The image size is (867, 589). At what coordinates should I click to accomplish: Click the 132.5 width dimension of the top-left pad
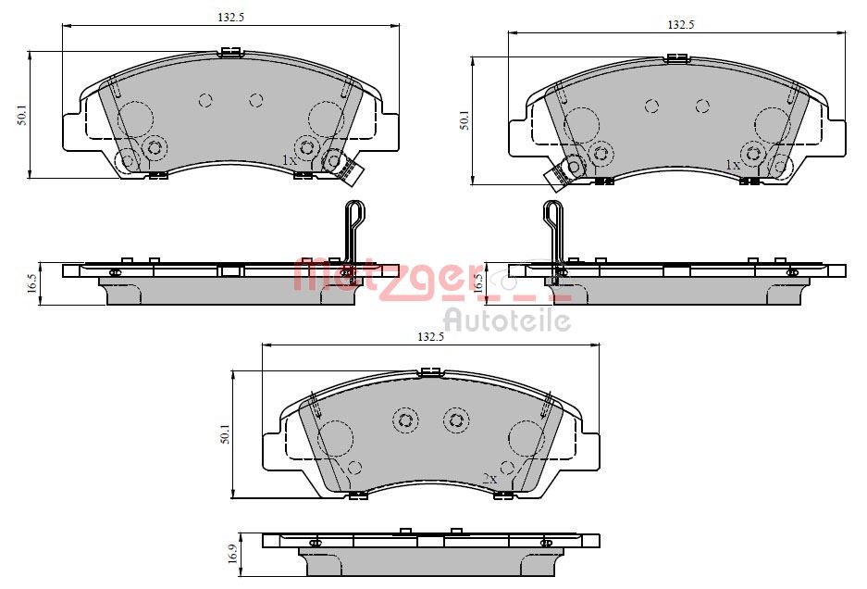point(230,17)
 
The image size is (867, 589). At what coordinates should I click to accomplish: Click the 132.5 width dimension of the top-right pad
point(681,24)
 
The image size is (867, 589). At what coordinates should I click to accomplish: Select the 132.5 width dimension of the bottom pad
point(431,336)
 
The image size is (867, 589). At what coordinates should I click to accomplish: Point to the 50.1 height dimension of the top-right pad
point(465,120)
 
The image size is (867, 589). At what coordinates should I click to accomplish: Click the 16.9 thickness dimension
point(233,554)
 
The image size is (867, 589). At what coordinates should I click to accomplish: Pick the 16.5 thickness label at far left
point(31,283)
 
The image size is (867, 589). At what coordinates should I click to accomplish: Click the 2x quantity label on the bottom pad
point(489,479)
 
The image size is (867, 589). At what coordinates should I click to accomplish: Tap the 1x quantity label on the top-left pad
point(290,160)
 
